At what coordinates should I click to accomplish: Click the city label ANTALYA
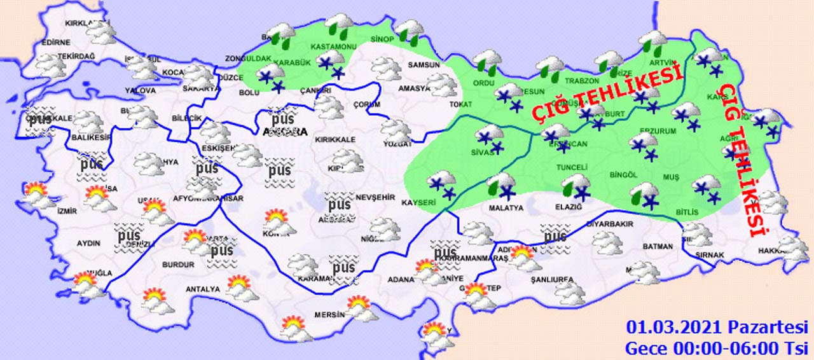pyautogui.click(x=202, y=289)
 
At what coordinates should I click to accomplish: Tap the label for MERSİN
pyautogui.click(x=329, y=315)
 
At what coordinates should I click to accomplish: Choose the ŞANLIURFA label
pyautogui.click(x=552, y=279)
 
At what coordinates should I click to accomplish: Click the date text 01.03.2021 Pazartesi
pyautogui.click(x=717, y=328)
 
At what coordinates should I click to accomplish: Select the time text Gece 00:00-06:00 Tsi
pyautogui.click(x=717, y=348)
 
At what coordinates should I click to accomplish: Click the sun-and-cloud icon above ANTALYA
pyautogui.click(x=240, y=287)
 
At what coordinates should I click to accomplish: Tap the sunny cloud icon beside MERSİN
pyautogui.click(x=361, y=308)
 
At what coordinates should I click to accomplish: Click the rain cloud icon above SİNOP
pyautogui.click(x=410, y=32)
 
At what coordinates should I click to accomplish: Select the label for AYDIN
pyautogui.click(x=88, y=244)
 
